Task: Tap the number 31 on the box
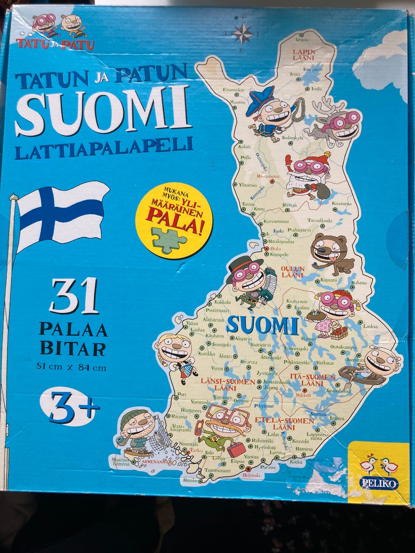[74, 296]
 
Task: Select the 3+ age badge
[71, 407]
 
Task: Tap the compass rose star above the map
[243, 33]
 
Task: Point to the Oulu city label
[275, 249]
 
